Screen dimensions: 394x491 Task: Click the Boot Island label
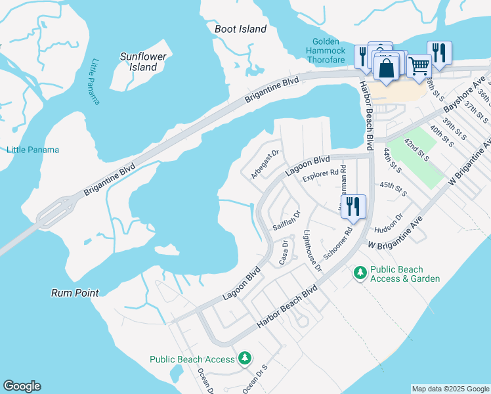tap(240, 29)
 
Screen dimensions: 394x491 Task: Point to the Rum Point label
tap(75, 293)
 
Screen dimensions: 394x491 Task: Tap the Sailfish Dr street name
tap(286, 221)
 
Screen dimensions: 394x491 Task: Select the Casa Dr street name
tap(284, 252)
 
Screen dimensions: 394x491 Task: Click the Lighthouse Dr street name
tap(312, 251)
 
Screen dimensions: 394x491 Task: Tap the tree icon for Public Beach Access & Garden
tap(360, 271)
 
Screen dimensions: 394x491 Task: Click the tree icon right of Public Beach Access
tap(244, 358)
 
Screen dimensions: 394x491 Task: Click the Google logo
tap(22, 386)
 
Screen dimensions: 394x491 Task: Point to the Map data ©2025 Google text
tap(450, 389)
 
